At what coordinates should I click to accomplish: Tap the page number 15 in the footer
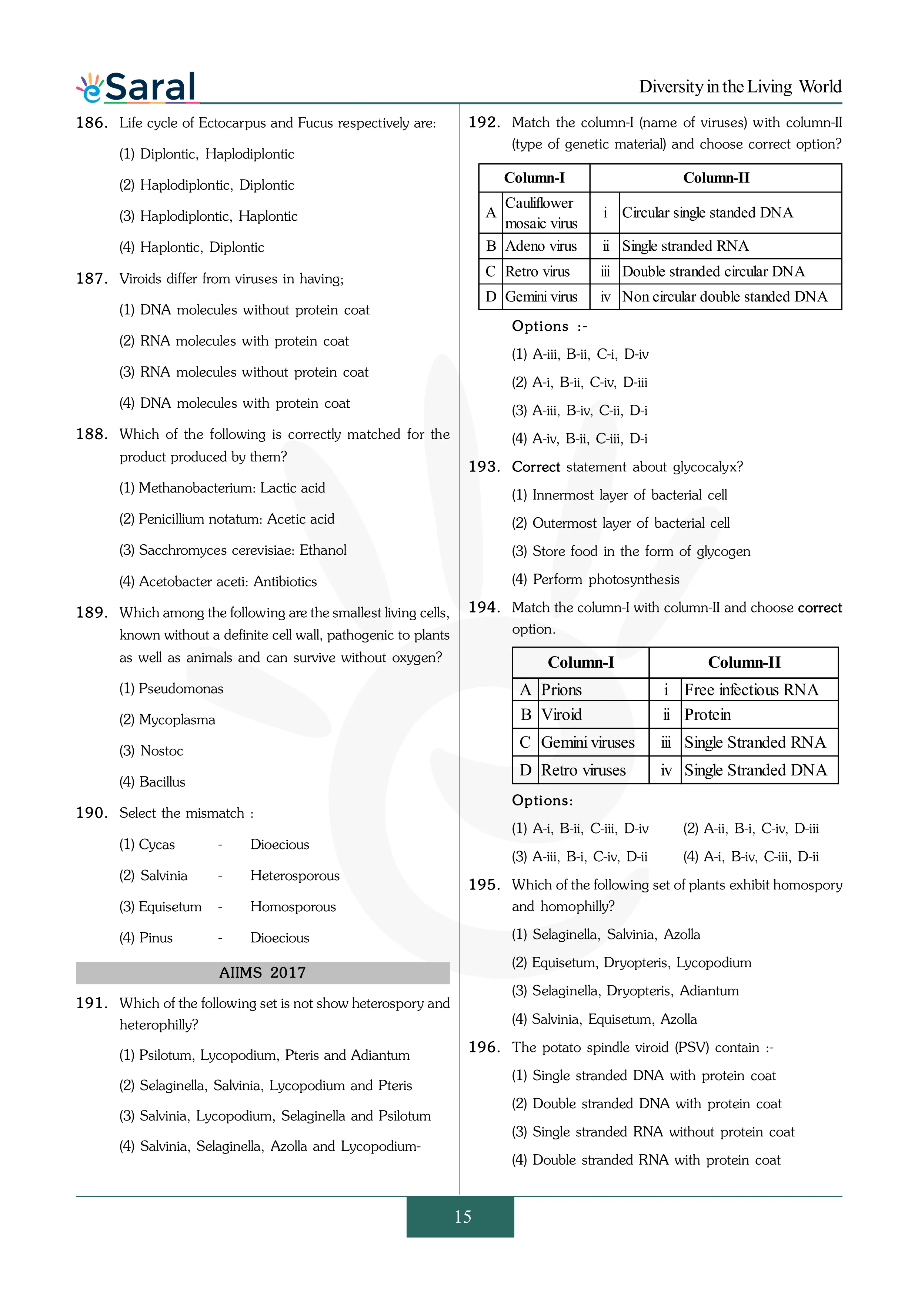462,1216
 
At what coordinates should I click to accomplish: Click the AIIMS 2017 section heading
263,972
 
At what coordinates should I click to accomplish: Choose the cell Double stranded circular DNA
713,271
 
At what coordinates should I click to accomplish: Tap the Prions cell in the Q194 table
562,689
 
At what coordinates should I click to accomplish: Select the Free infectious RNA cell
751,689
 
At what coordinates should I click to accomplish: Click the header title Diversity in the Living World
740,87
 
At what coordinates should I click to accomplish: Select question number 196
484,1047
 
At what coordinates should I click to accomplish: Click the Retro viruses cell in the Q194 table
583,770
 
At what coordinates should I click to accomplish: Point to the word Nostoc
162,751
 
